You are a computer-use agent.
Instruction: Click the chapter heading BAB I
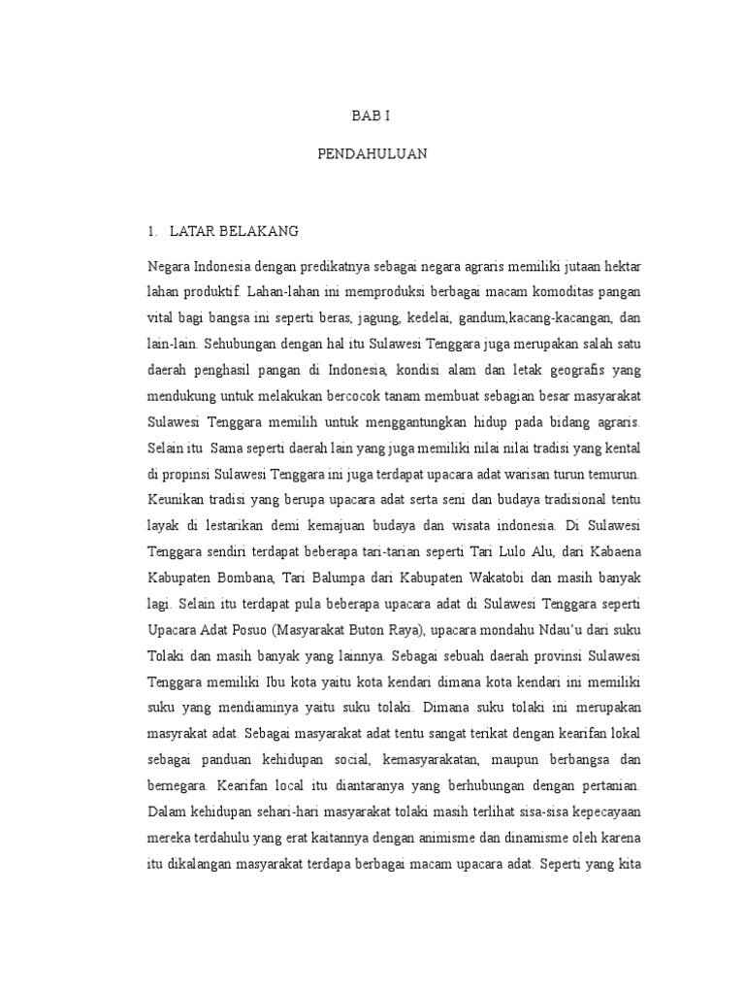pyautogui.click(x=372, y=116)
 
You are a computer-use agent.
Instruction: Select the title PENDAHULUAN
pyautogui.click(x=372, y=153)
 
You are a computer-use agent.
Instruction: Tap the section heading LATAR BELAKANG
pyautogui.click(x=234, y=231)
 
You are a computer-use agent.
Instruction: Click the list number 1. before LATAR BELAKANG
pyautogui.click(x=151, y=231)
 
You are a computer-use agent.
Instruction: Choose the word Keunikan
pyautogui.click(x=175, y=502)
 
